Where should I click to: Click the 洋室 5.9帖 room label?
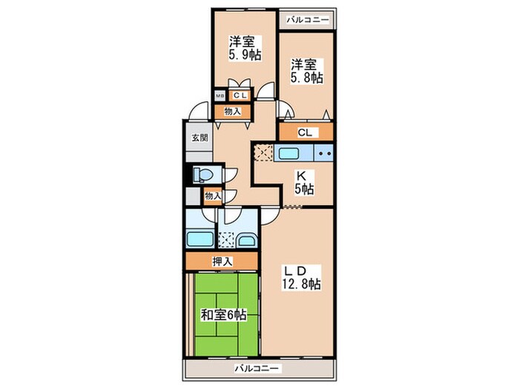245,48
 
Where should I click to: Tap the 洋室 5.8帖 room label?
307,71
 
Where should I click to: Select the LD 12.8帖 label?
301,278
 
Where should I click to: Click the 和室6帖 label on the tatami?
224,315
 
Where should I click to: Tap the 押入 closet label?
222,262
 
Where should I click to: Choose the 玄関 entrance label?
200,137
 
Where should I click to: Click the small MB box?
219,96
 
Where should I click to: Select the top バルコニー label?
308,20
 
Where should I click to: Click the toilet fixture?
202,174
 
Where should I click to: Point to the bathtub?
200,239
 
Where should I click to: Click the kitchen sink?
290,153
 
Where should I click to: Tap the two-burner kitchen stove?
323,153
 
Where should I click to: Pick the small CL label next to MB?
240,96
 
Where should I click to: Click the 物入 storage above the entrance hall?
233,111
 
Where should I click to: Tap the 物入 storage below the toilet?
213,196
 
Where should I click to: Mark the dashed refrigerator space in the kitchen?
263,153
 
